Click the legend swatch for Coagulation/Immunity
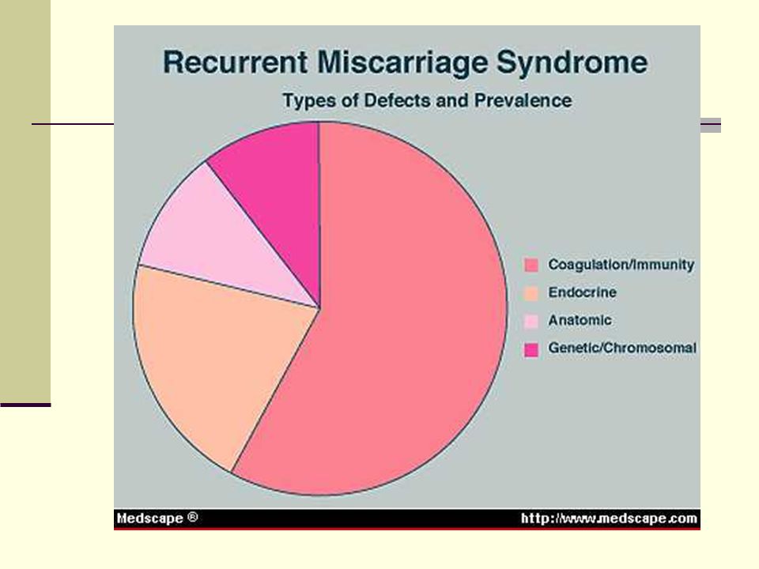pyautogui.click(x=531, y=266)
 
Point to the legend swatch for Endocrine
pyautogui.click(x=531, y=293)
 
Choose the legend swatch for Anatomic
pyautogui.click(x=531, y=322)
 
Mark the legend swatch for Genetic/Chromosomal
pyautogui.click(x=531, y=349)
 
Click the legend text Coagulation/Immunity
pyautogui.click(x=621, y=265)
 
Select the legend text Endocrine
pyautogui.click(x=583, y=292)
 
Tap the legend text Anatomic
pyautogui.click(x=580, y=320)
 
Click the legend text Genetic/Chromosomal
pyautogui.click(x=622, y=348)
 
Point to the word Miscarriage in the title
pyautogui.click(x=402, y=63)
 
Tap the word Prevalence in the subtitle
pyautogui.click(x=523, y=100)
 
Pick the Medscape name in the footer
pyautogui.click(x=150, y=518)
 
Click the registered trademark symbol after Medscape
pyautogui.click(x=192, y=517)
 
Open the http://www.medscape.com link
pyautogui.click(x=609, y=518)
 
